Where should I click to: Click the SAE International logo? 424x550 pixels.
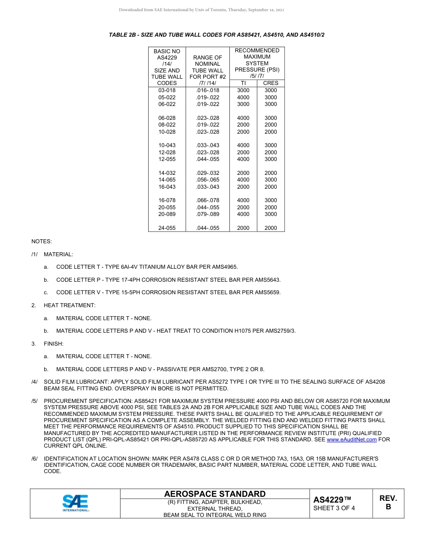coord(75,503)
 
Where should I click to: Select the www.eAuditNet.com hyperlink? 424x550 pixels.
coord(352,440)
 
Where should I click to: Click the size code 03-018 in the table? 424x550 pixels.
coord(167,90)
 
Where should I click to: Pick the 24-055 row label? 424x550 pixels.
coord(167,228)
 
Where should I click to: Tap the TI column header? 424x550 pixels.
coord(243,83)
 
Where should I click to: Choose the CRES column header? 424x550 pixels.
coord(270,83)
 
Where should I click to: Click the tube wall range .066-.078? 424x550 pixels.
coord(208,200)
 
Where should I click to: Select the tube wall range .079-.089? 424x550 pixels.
coord(208,214)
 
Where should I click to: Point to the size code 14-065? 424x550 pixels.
coord(167,180)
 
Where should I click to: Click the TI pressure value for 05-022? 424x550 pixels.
coord(243,97)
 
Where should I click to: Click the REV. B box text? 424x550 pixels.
coord(388,503)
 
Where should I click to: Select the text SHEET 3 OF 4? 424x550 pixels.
coord(334,508)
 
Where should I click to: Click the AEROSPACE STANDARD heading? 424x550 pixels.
coord(215,494)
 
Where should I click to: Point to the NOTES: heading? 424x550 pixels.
coord(42,241)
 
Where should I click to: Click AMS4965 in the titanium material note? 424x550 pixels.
coord(224,267)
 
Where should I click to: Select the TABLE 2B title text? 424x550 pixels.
coord(216,34)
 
